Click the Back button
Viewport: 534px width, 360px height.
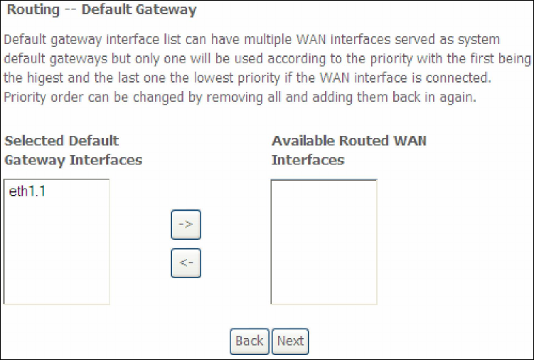[x=249, y=341]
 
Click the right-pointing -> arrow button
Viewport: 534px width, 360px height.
[x=186, y=226]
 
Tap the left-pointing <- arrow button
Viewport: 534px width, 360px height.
[x=186, y=263]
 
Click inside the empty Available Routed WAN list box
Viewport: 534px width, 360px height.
[x=324, y=242]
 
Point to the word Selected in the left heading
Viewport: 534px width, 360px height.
[x=33, y=141]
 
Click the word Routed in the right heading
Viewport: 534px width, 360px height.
[x=365, y=141]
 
